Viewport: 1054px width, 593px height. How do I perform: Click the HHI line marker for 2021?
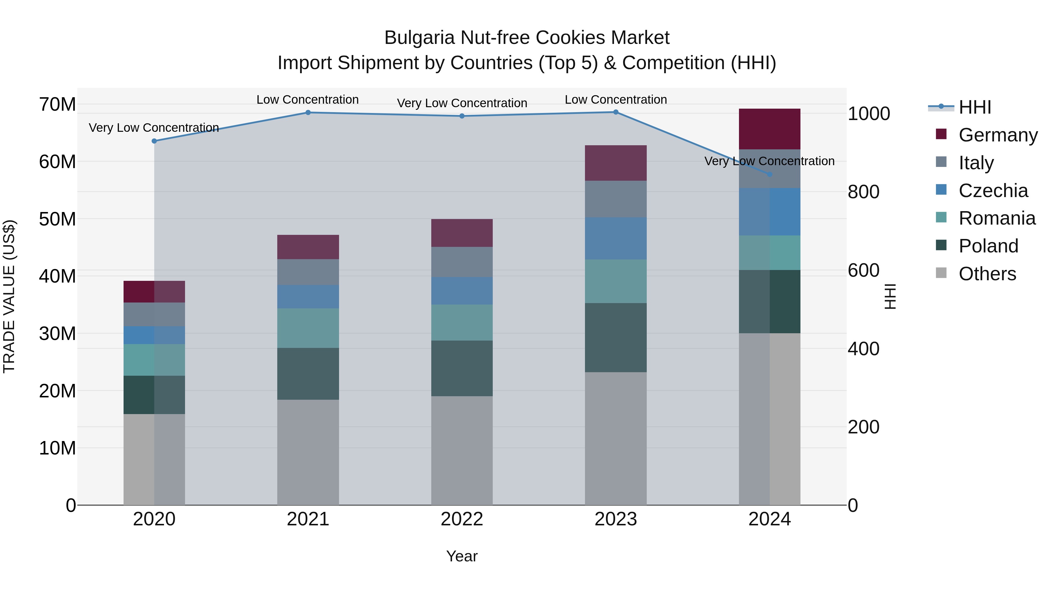[308, 112]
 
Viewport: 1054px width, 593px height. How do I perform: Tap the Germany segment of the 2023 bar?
[615, 163]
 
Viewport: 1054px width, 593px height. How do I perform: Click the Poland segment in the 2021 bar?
[308, 374]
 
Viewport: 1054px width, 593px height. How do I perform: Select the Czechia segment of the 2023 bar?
[615, 238]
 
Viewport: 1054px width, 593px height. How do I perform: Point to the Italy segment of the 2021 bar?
[308, 272]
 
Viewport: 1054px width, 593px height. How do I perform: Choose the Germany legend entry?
[997, 135]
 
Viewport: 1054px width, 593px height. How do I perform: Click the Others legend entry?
[987, 274]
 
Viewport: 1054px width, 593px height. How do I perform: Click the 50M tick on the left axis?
[57, 219]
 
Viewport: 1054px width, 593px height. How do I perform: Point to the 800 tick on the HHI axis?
[863, 192]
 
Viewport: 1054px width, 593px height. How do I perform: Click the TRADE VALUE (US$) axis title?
[9, 296]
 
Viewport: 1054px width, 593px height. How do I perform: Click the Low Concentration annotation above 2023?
[615, 100]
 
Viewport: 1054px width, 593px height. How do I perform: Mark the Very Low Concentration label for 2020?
[154, 128]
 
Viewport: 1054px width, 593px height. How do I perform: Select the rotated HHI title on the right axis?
[890, 296]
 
